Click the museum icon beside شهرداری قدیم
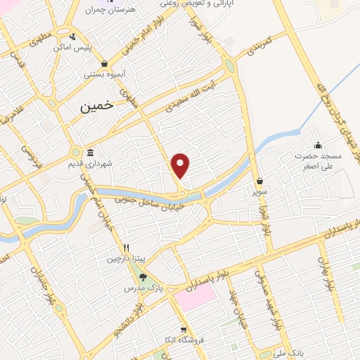pyautogui.click(x=90, y=153)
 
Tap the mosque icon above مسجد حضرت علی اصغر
pyautogui.click(x=317, y=145)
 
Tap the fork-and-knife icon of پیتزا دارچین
pyautogui.click(x=127, y=247)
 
